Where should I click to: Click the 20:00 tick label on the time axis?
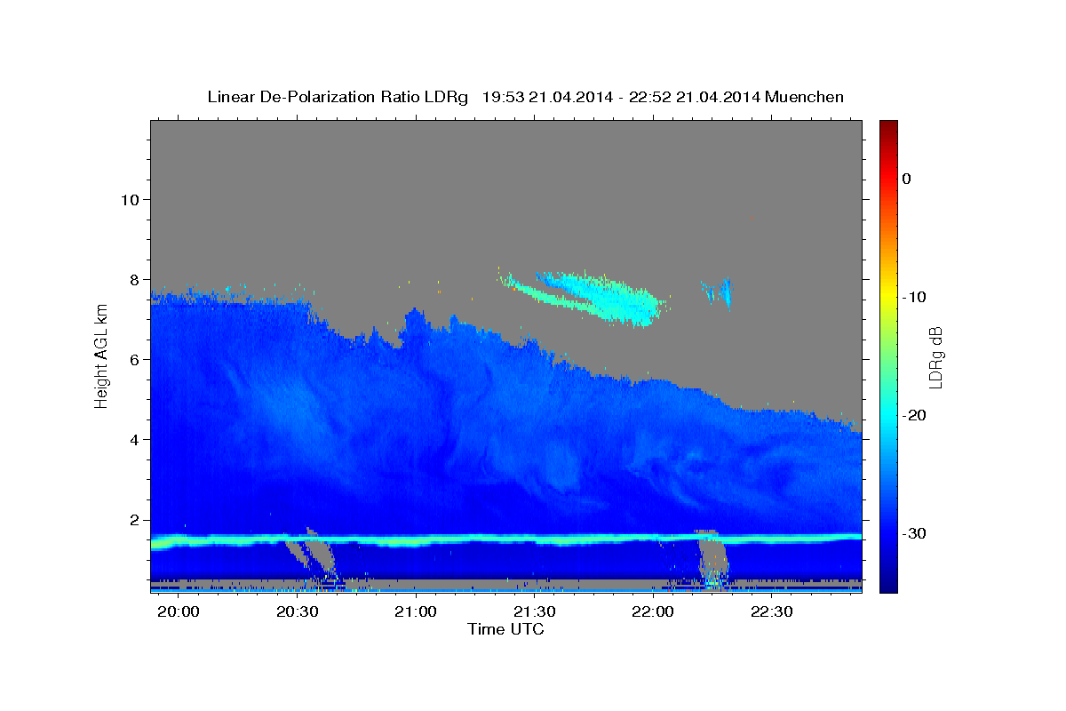click(179, 611)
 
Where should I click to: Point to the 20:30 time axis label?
click(298, 611)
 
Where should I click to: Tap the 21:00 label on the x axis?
click(416, 611)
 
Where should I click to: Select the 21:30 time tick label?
click(535, 611)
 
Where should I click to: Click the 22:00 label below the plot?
click(653, 611)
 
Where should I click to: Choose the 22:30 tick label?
click(771, 611)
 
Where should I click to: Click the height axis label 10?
click(130, 200)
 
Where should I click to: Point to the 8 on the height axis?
click(135, 280)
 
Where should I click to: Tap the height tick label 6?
click(135, 360)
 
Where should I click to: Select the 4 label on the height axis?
click(135, 440)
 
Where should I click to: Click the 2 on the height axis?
click(135, 520)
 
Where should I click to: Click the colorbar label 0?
click(907, 179)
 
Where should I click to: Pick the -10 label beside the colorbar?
click(914, 297)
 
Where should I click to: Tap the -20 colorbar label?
click(914, 415)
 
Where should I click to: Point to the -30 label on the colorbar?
click(914, 533)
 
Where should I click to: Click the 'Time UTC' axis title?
click(505, 629)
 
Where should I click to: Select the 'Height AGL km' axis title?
click(101, 356)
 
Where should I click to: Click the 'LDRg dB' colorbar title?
click(936, 357)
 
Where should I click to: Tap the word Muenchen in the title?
click(804, 97)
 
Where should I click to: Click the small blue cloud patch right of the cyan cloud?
click(720, 292)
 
